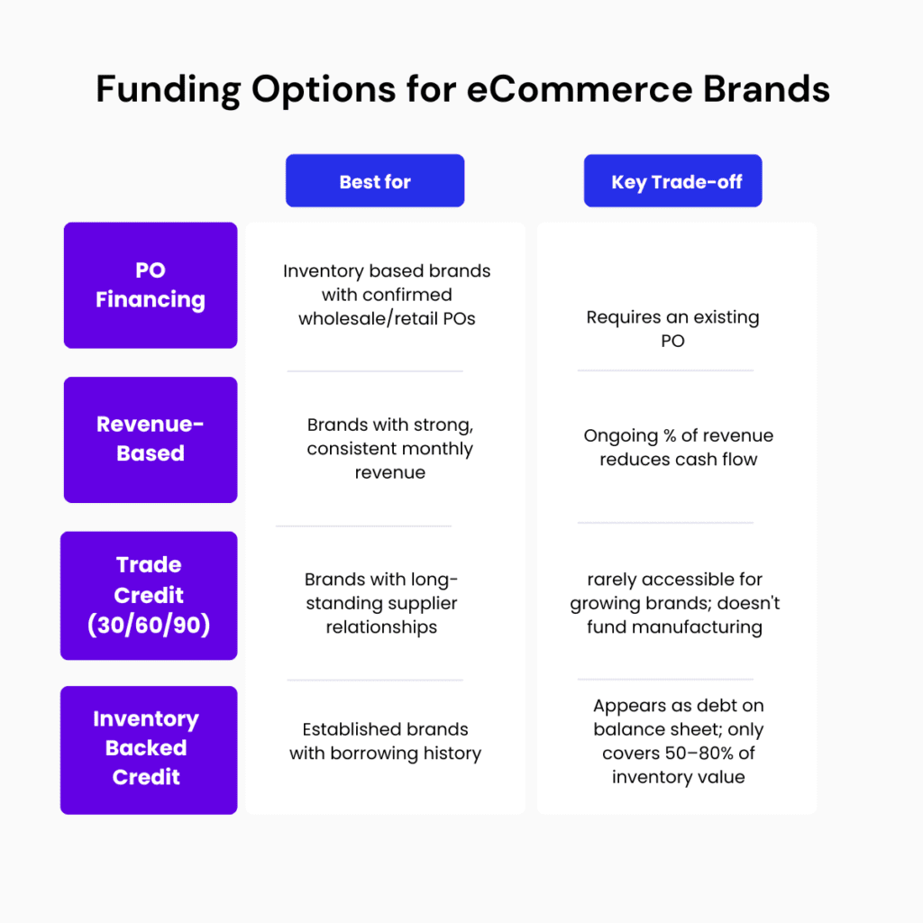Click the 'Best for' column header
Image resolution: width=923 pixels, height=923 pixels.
click(x=375, y=181)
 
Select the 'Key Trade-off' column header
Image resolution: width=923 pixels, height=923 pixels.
click(x=676, y=181)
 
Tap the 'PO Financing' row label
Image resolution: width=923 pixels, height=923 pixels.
click(x=151, y=286)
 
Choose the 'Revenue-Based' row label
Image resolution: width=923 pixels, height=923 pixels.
click(x=151, y=439)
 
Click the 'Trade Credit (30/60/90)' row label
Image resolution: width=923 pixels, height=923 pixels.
click(x=149, y=595)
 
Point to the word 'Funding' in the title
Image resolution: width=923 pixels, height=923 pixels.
click(x=169, y=90)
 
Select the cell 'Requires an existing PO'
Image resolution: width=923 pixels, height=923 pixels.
click(x=672, y=329)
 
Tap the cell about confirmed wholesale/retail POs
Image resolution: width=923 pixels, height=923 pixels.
click(x=387, y=295)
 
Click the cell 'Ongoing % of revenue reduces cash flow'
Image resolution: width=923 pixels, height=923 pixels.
click(x=678, y=447)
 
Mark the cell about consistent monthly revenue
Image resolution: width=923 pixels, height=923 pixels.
click(x=389, y=448)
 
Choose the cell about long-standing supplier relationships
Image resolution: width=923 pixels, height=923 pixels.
click(x=381, y=603)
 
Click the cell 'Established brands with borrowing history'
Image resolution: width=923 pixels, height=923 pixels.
click(x=385, y=741)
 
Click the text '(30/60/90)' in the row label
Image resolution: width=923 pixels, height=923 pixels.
click(x=149, y=625)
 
